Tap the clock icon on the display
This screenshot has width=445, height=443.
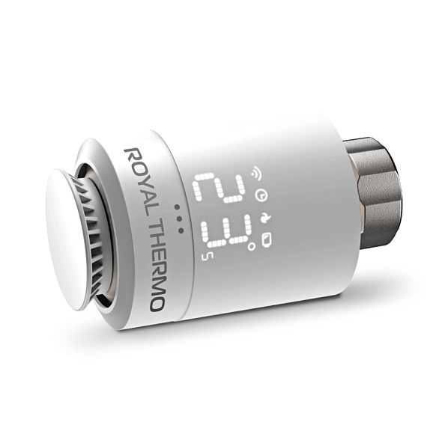[261, 196]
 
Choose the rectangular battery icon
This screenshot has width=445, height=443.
[268, 239]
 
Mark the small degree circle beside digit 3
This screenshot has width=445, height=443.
[252, 243]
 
